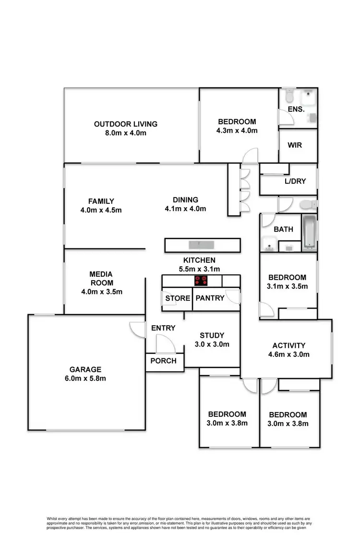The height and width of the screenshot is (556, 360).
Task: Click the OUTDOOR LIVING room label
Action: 126,124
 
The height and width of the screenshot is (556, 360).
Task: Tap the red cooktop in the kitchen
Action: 201,281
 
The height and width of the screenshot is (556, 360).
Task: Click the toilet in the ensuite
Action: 288,97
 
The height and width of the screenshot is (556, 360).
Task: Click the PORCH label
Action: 164,361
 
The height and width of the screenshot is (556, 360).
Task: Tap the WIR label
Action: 295,145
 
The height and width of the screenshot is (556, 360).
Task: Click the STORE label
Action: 178,298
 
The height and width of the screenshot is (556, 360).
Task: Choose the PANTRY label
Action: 210,298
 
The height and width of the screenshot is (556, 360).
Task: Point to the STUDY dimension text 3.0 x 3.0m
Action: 212,344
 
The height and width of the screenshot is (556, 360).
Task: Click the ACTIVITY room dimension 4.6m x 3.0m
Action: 289,355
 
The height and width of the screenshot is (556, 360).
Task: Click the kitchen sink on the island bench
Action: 202,245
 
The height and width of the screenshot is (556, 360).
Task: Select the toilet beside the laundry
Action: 307,205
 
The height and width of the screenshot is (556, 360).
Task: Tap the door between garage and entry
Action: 137,329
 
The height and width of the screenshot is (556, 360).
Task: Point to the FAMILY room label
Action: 101,201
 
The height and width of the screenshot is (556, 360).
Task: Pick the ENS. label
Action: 296,109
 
